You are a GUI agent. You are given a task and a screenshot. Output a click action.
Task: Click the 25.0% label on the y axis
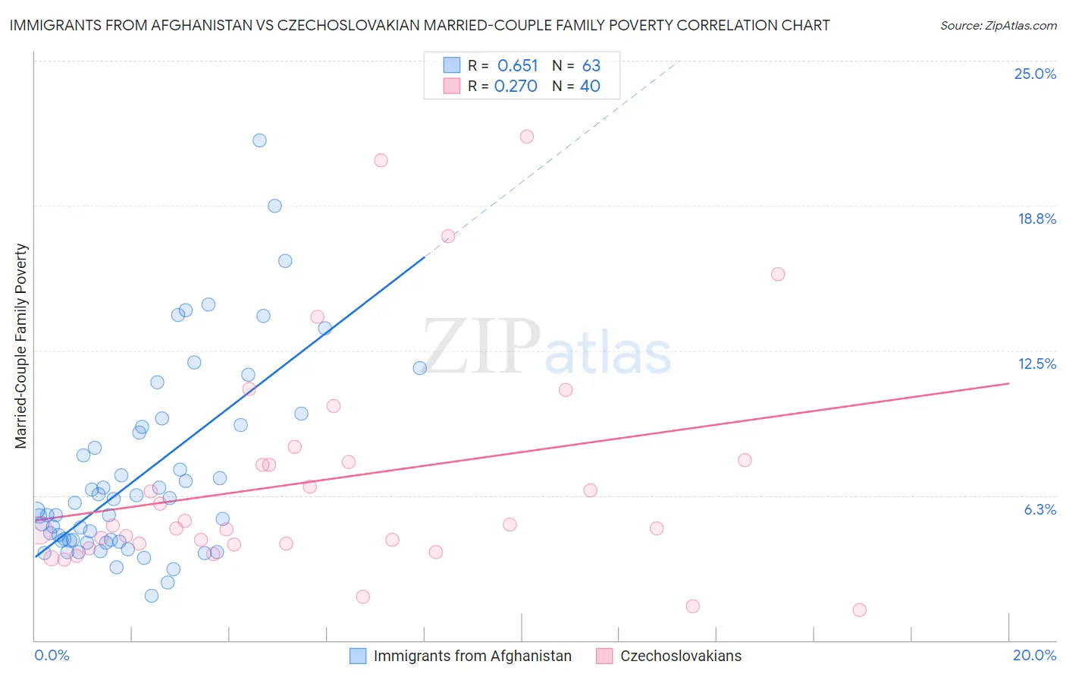[x=1035, y=74]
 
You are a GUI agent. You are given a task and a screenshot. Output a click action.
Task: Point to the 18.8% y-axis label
[x=1036, y=219]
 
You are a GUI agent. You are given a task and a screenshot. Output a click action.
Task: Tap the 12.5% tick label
[x=1036, y=364]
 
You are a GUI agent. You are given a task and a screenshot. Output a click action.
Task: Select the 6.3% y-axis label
[x=1039, y=509]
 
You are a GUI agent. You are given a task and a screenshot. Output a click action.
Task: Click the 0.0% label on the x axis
[x=52, y=655]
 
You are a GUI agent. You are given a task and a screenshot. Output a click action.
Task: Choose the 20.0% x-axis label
[x=1034, y=655]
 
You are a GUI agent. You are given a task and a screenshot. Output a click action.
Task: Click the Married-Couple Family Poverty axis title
[x=21, y=346]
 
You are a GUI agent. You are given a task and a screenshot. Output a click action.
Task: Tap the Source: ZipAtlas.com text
[x=998, y=25]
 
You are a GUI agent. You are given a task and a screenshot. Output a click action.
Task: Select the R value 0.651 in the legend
[x=517, y=66]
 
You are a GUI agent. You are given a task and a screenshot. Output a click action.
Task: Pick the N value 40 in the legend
[x=590, y=87]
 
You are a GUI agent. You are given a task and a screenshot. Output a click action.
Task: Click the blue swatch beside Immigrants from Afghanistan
[x=358, y=656]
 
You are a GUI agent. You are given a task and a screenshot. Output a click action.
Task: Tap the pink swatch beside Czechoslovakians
[x=604, y=656]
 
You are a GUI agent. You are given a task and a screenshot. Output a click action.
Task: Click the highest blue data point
[x=259, y=140]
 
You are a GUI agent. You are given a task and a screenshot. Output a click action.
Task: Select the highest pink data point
[x=527, y=137]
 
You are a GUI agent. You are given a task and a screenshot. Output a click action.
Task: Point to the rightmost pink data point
[x=859, y=609]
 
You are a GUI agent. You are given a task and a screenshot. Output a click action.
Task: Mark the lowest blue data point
[x=152, y=596]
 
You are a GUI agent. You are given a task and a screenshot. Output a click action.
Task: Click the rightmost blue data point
[x=420, y=368]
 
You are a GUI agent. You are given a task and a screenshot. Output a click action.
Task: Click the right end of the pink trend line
[x=1008, y=383]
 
